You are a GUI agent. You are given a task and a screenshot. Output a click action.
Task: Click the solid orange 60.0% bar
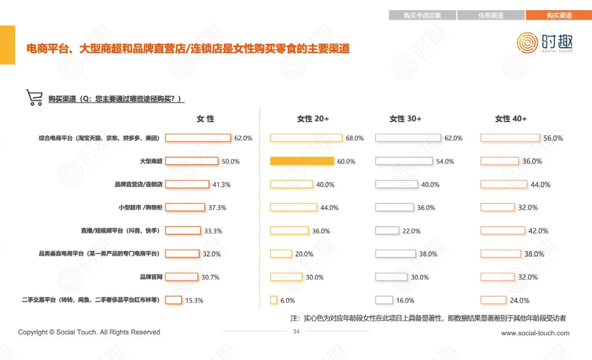[x=302, y=161]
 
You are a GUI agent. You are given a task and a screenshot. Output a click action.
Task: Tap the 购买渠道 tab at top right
[x=559, y=15]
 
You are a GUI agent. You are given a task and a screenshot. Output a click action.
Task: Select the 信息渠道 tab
[x=491, y=15]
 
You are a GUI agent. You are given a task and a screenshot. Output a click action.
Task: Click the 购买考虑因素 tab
[x=422, y=15]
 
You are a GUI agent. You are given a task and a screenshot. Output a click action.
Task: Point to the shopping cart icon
[x=35, y=98]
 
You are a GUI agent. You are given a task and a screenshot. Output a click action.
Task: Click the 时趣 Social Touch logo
[x=544, y=43]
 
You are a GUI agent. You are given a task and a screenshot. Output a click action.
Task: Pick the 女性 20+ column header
[x=313, y=119]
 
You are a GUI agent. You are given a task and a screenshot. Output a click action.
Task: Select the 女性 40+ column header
[x=511, y=119]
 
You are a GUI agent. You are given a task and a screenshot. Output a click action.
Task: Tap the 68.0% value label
[x=355, y=138]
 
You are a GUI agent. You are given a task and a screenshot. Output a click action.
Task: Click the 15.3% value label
[x=194, y=300]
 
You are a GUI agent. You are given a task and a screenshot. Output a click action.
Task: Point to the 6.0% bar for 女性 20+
[x=274, y=300]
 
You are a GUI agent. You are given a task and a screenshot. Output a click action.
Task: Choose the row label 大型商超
[x=151, y=161]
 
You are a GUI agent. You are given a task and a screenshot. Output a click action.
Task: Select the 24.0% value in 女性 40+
[x=519, y=300]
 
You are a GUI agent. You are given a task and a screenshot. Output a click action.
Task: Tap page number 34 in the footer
[x=296, y=331]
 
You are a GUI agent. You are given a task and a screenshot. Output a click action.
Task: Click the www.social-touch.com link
[x=535, y=333]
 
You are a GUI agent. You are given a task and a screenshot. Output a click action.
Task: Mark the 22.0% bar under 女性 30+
[x=387, y=231]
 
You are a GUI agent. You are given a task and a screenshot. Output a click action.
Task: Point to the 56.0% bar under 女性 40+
[x=510, y=138]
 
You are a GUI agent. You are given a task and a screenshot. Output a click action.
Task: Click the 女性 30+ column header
[x=405, y=119]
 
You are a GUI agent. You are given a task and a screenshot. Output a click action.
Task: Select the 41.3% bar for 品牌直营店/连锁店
[x=187, y=184]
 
